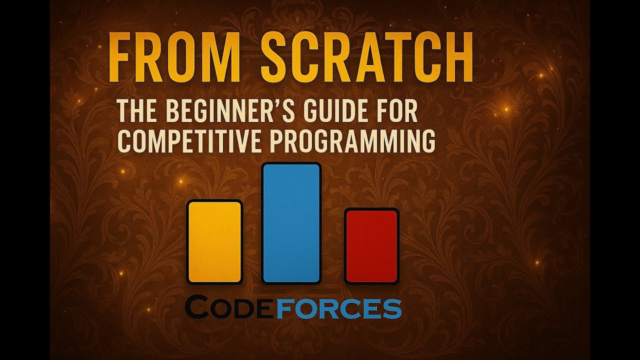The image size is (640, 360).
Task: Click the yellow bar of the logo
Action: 214,241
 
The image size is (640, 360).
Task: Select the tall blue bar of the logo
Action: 291,223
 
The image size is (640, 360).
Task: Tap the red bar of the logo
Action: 371,246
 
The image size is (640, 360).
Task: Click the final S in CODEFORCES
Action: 392,309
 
